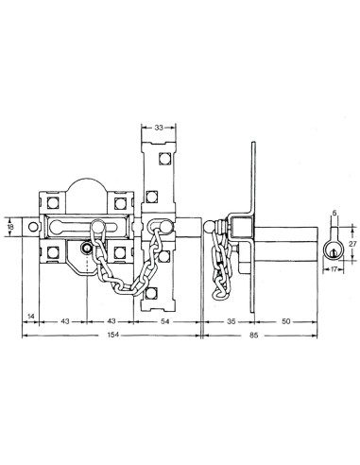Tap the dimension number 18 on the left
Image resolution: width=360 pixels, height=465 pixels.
10,227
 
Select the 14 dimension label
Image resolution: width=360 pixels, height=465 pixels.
31,316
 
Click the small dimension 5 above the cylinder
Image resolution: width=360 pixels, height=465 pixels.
334,214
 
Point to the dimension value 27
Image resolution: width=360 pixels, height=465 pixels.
353,243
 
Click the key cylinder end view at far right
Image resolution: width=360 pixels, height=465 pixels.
334,247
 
